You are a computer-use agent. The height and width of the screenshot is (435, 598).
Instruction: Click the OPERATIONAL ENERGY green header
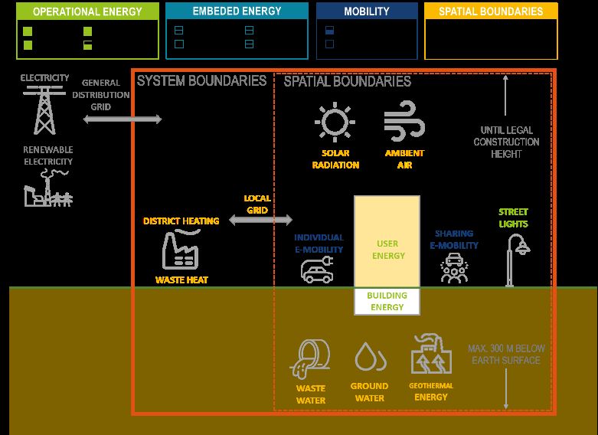(87, 11)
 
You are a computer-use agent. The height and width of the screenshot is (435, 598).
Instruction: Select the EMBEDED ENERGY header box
(237, 11)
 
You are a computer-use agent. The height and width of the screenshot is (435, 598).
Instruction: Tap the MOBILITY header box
(367, 11)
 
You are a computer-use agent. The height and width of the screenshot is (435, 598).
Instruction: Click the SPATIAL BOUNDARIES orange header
(491, 11)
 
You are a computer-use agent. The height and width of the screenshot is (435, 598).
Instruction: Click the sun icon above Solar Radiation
(335, 123)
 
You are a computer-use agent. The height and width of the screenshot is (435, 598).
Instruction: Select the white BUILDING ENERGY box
(387, 301)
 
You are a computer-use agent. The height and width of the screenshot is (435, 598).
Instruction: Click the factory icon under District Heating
(181, 250)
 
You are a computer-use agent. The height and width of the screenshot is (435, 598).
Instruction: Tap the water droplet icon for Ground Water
(369, 358)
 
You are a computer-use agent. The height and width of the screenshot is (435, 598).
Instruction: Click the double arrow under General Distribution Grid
(123, 119)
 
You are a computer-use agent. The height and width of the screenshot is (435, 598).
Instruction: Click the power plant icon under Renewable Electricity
(46, 188)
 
